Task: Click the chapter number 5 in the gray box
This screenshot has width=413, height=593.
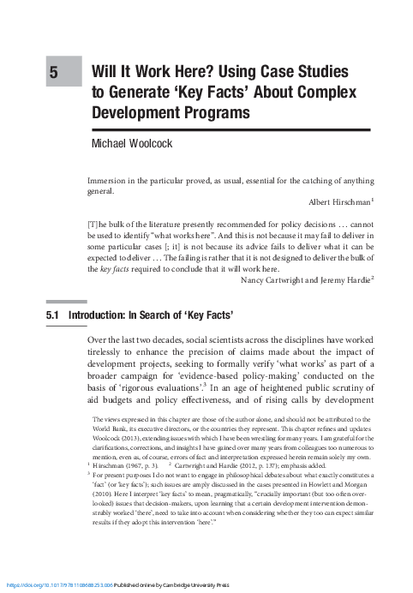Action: tap(53, 75)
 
